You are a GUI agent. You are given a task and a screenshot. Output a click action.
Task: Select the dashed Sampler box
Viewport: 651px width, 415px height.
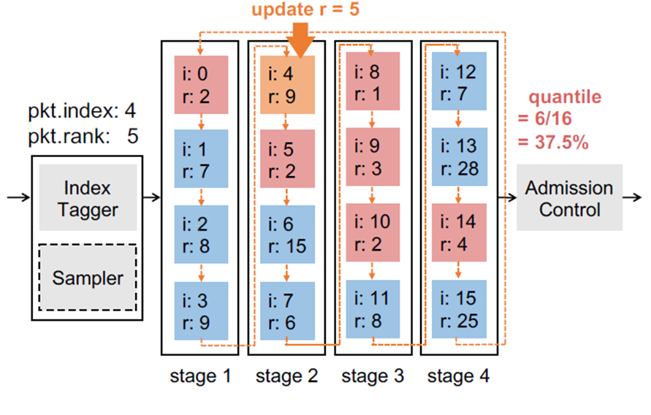coord(87,277)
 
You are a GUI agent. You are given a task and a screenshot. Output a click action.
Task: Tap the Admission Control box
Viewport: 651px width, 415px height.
coord(569,199)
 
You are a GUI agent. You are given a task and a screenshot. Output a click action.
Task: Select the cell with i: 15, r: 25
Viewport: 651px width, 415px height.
coord(459,309)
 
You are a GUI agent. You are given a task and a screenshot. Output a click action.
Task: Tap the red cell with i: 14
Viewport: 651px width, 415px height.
coord(459,234)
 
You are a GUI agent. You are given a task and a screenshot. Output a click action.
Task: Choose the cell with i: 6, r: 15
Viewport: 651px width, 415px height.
coord(287,234)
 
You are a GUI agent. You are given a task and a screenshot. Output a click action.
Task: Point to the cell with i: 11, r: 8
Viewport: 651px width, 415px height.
coord(373,309)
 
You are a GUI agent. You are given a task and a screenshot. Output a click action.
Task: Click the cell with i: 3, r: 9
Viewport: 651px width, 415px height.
coord(201,309)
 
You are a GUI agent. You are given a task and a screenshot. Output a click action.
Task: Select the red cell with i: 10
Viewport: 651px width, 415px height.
coord(373,234)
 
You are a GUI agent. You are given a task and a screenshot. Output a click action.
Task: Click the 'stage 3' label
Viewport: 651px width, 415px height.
coord(373,377)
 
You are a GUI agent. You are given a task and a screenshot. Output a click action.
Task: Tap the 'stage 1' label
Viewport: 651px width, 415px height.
coord(201,377)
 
